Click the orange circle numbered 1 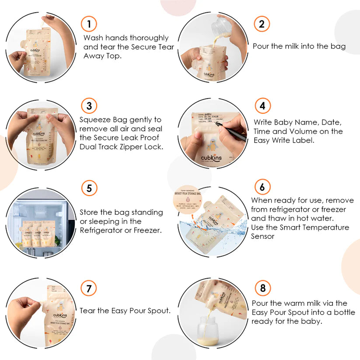click(x=89, y=24)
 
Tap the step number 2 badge click(x=262, y=24)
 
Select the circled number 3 click(x=89, y=105)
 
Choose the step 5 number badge click(x=89, y=188)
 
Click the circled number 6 click(x=262, y=187)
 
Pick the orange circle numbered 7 click(x=89, y=288)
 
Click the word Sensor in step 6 click(x=263, y=236)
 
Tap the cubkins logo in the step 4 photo click(x=211, y=158)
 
